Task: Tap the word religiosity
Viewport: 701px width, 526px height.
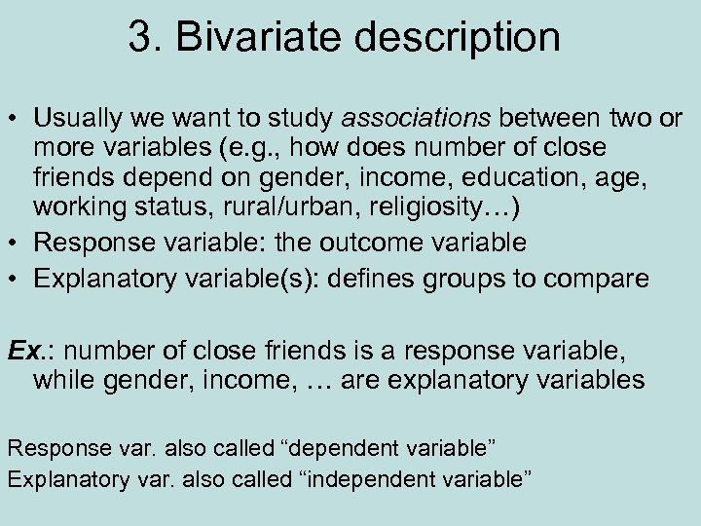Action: (x=433, y=209)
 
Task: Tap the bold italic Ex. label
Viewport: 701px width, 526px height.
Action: (x=25, y=350)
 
